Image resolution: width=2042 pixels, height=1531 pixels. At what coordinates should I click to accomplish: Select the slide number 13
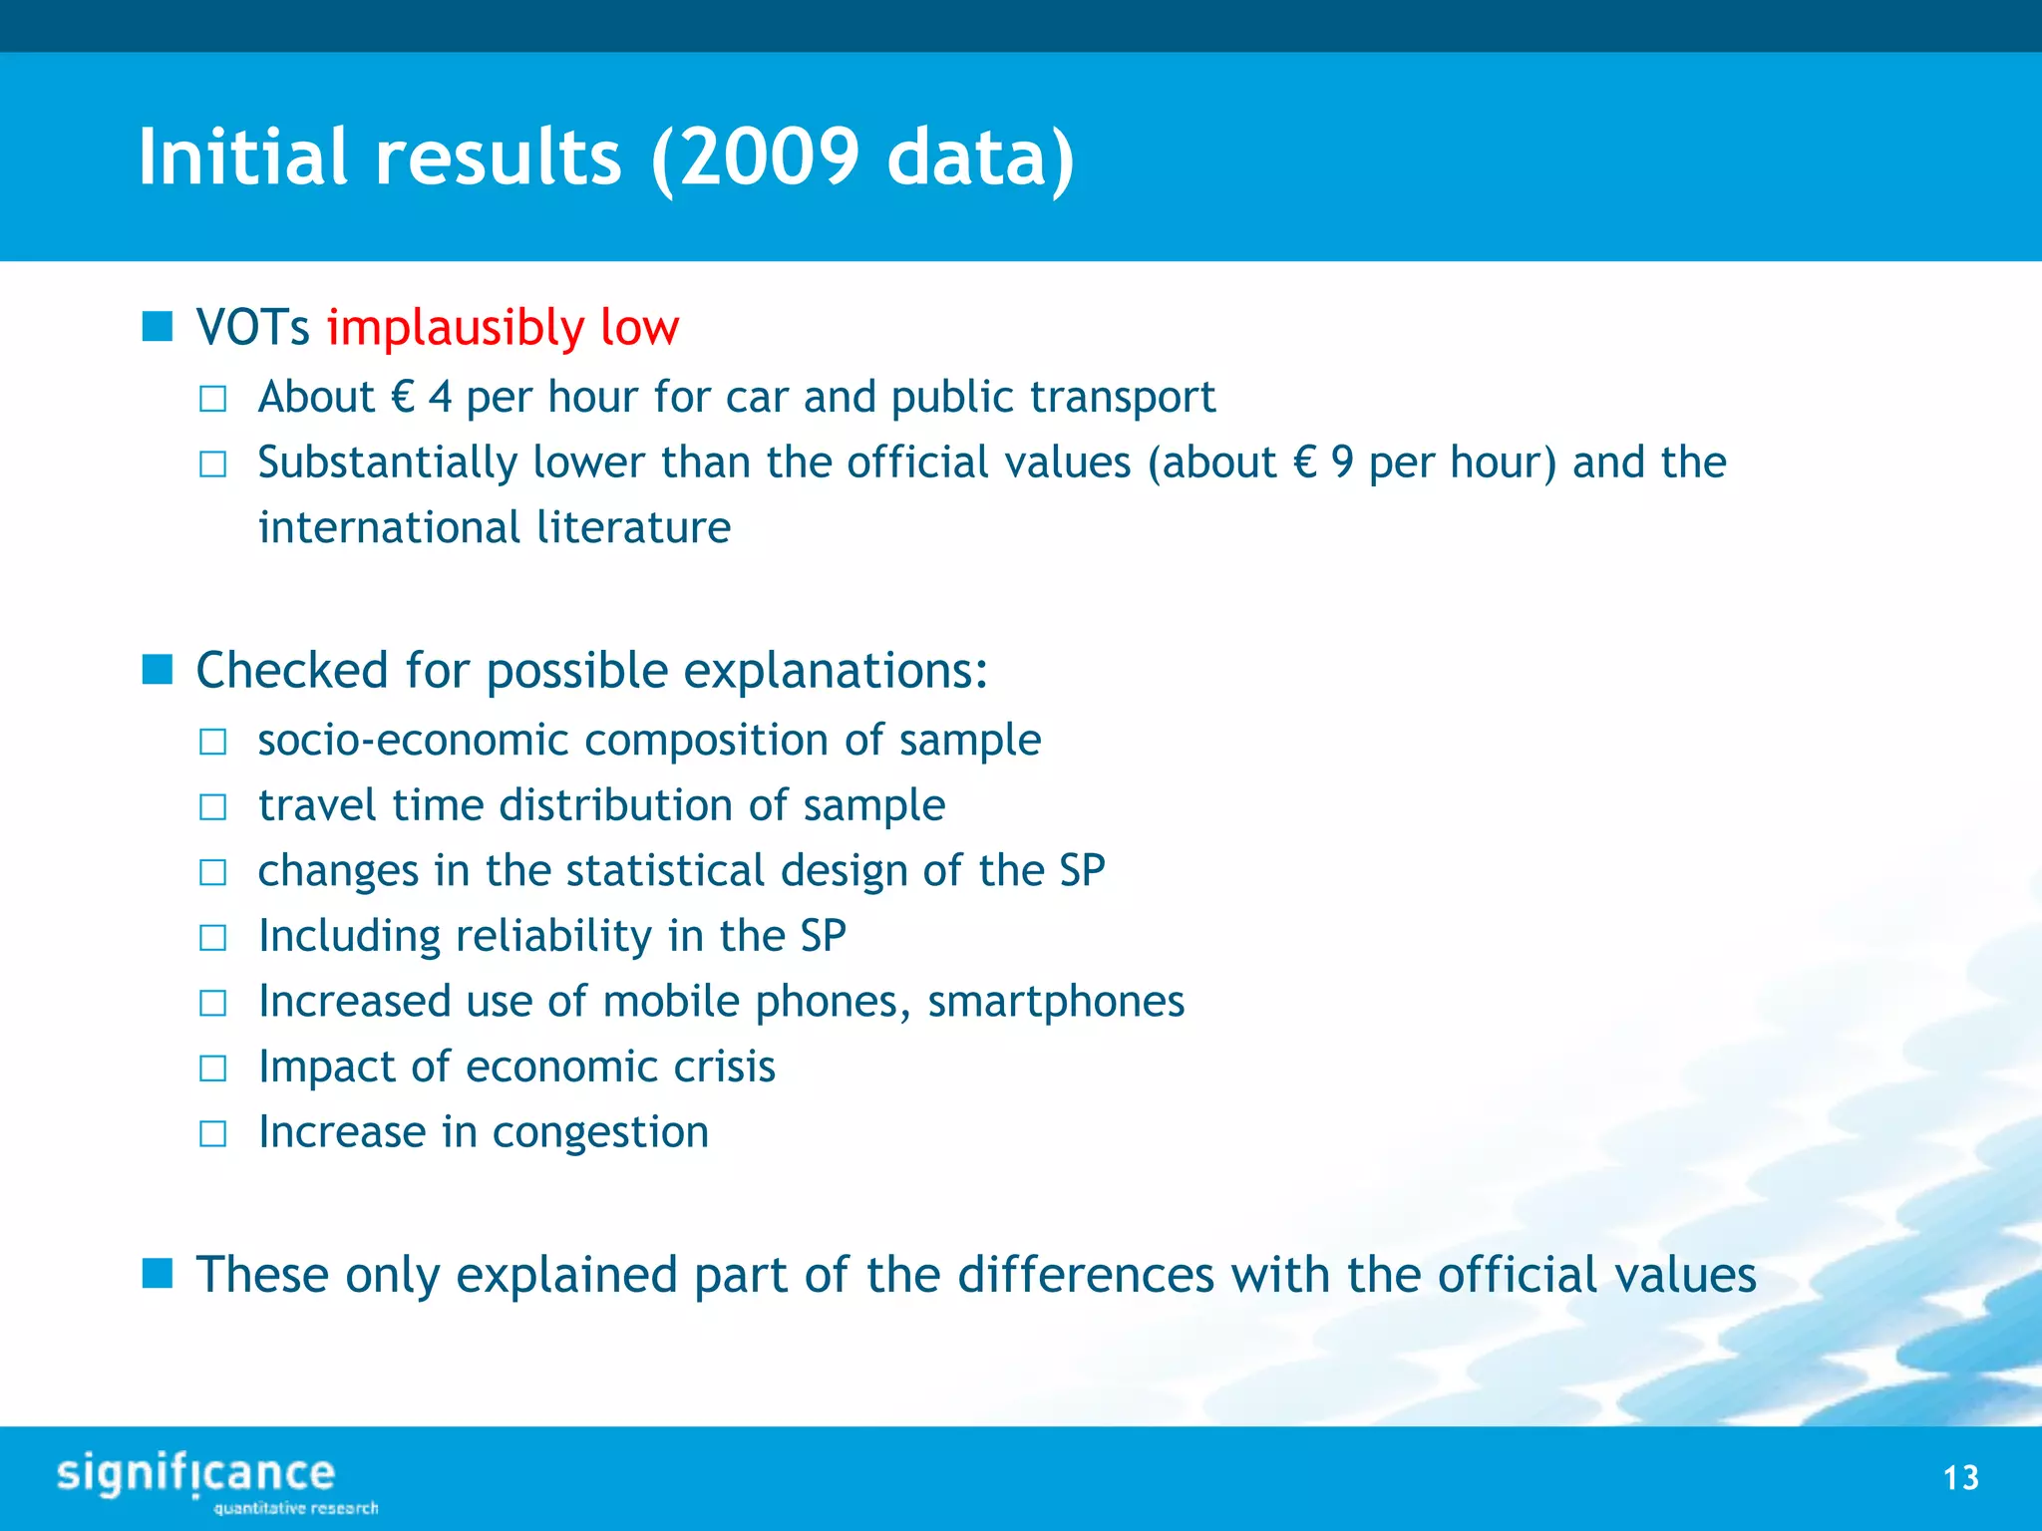pos(1960,1477)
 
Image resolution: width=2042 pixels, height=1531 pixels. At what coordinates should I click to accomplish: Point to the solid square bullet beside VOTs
pos(158,326)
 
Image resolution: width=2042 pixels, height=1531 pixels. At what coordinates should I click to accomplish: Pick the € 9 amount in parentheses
pos(1323,462)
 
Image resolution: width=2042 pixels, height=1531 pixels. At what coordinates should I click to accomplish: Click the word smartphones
pos(1055,1001)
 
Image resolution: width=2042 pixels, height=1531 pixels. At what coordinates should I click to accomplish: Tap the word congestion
pos(600,1132)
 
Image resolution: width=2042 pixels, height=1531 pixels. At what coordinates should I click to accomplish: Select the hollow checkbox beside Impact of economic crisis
pos(213,1069)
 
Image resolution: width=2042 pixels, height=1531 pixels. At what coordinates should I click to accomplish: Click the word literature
pos(633,527)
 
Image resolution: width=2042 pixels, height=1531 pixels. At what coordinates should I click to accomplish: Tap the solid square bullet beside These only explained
pos(158,1273)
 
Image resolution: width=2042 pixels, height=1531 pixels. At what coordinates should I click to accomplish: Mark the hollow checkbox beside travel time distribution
pos(213,806)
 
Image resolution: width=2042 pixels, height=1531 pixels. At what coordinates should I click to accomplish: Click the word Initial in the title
pos(242,157)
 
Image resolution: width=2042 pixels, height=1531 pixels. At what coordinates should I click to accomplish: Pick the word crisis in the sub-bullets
pos(724,1067)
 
